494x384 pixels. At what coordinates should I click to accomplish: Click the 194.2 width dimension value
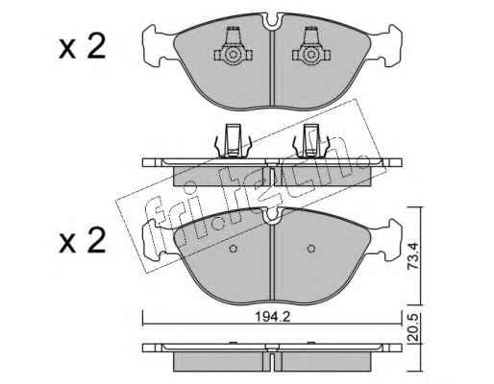click(272, 317)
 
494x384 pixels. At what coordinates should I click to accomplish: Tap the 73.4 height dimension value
click(413, 255)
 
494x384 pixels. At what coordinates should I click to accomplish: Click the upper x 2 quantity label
click(83, 47)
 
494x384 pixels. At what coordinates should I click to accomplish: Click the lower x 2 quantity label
click(83, 241)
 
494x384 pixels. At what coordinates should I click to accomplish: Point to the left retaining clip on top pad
click(233, 47)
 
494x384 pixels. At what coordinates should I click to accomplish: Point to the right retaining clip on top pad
click(310, 47)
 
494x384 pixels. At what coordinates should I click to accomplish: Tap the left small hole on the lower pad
click(234, 249)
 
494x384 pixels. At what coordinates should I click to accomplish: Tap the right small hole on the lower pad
click(310, 249)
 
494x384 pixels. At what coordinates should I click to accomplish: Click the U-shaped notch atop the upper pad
click(272, 22)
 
